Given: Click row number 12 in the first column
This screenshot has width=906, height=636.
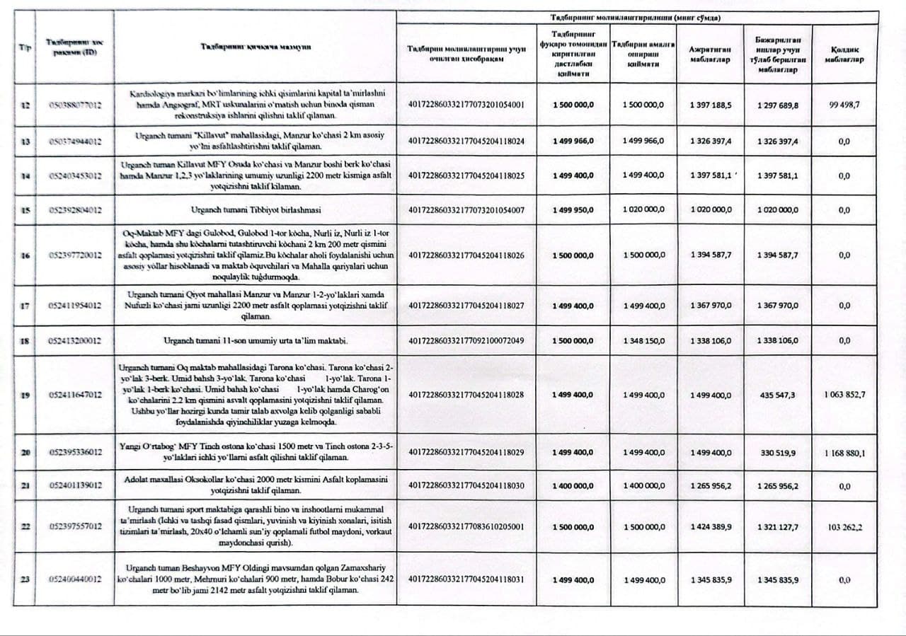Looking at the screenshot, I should pos(25,105).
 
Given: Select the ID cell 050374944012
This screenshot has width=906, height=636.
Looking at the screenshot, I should pos(75,141).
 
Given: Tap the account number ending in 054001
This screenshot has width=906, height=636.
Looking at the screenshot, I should pos(466,105).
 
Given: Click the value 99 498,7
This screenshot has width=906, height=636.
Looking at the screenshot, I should pos(844,105).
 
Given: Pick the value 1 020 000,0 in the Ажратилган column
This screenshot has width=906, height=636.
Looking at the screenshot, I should pos(710,210).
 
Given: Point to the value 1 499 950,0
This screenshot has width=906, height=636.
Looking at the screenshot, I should pos(573,210).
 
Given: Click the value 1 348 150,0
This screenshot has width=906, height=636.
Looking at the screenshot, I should pos(643,340).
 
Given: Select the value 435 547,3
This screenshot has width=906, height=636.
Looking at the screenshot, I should pos(776,395).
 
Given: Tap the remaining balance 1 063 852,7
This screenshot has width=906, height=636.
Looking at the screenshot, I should pos(844,395).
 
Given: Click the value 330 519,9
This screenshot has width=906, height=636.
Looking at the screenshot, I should pos(776,452).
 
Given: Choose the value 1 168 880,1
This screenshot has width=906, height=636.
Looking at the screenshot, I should pos(844,452).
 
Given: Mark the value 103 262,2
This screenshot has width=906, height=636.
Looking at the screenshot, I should pos(844,527).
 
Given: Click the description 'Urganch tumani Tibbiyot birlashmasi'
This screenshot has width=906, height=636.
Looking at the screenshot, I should pos(256,210).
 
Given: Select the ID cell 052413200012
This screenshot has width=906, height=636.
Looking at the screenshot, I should pos(75,340).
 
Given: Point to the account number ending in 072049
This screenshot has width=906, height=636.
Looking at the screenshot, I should pos(466,340).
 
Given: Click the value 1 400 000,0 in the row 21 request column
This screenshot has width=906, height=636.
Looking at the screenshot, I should pos(573,486).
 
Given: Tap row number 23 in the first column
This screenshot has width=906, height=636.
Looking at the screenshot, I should pos(25,580).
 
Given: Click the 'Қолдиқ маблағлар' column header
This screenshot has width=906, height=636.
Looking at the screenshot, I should pos(844,54).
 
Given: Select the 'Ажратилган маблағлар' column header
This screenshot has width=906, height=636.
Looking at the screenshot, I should pos(710,54).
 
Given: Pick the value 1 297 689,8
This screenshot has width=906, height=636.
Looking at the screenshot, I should pos(776,105).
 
